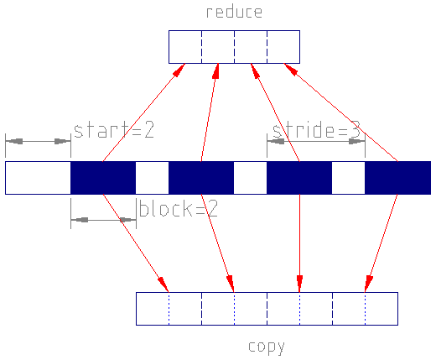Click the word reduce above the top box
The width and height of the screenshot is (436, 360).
pyautogui.click(x=234, y=12)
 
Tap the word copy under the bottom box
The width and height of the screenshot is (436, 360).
pyautogui.click(x=267, y=347)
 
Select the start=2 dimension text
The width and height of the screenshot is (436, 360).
pyautogui.click(x=114, y=130)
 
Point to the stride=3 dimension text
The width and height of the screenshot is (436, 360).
pyautogui.click(x=316, y=130)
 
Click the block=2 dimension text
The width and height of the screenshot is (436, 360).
pyautogui.click(x=178, y=208)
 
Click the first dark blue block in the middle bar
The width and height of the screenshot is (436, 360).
pyautogui.click(x=103, y=178)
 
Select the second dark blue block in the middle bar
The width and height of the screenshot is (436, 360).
pyautogui.click(x=201, y=178)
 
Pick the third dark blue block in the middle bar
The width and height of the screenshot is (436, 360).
pyautogui.click(x=299, y=178)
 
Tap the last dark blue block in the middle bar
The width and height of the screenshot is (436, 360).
pyautogui.click(x=397, y=178)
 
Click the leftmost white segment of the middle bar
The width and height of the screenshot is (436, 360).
pyautogui.click(x=38, y=178)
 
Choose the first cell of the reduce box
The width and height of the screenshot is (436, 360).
pyautogui.click(x=185, y=47)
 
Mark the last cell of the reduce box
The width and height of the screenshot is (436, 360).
pyautogui.click(x=283, y=47)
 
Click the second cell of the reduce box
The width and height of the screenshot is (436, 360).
pyautogui.click(x=218, y=47)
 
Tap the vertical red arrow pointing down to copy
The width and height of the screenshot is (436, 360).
pyautogui.click(x=299, y=243)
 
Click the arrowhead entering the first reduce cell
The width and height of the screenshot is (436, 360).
pyautogui.click(x=179, y=70)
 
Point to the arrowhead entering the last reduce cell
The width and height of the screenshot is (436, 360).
pyautogui.click(x=290, y=69)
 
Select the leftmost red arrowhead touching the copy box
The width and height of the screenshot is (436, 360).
pyautogui.click(x=163, y=284)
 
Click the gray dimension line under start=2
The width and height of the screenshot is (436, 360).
pyautogui.click(x=38, y=141)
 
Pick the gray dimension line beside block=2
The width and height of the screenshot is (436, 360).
pyautogui.click(x=103, y=220)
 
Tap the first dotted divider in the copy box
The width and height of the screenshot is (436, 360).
pyautogui.click(x=169, y=309)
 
